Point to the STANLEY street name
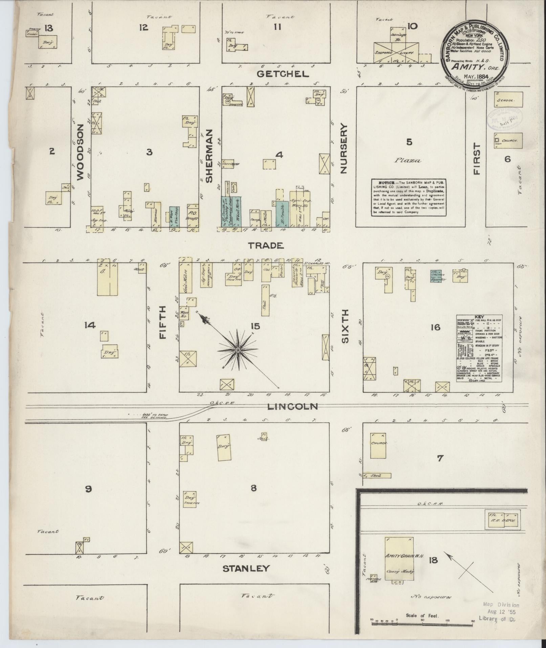click(246, 568)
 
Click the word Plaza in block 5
click(408, 161)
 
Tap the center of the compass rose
click(238, 349)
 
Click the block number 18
click(433, 561)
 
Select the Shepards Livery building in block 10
click(396, 53)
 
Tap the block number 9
click(88, 489)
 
